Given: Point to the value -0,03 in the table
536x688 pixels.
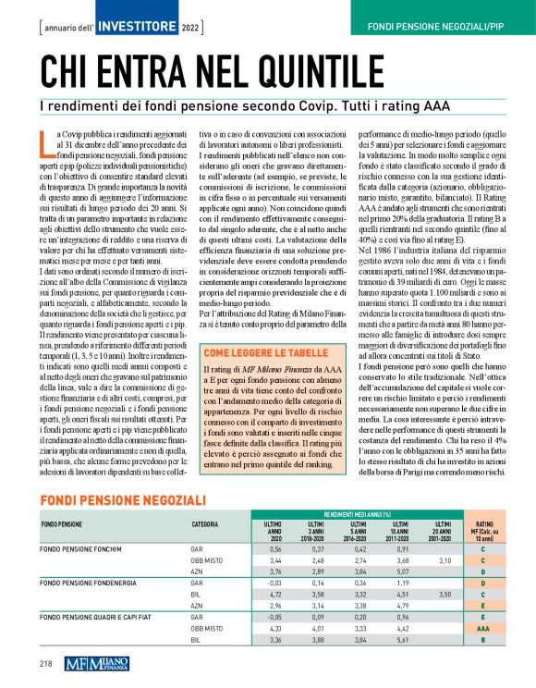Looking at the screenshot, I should [x=247, y=584].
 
